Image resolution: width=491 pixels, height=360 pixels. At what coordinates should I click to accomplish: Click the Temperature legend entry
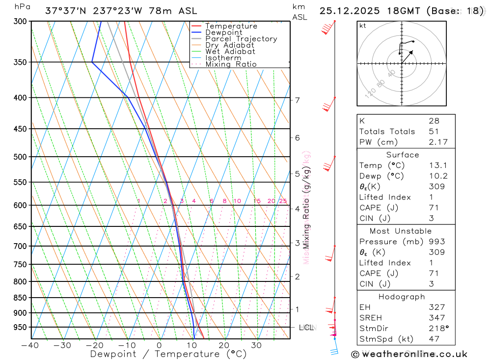[231, 26]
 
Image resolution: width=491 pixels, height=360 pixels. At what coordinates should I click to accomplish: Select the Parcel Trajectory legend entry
[241, 39]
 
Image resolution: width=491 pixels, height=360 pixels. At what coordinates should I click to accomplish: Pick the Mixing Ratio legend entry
[231, 64]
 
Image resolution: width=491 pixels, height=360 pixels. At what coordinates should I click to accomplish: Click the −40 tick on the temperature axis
[30, 345]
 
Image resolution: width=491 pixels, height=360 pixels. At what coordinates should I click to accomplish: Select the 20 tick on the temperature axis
[224, 345]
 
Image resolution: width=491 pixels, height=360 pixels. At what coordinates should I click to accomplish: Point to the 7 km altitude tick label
[297, 100]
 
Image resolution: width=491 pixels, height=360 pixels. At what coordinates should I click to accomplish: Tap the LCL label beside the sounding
[306, 327]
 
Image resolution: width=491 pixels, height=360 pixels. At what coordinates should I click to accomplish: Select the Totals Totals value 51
[434, 131]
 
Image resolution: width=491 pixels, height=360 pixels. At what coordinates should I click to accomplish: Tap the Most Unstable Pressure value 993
[436, 242]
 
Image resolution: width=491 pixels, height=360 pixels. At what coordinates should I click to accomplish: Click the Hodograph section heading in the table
[402, 297]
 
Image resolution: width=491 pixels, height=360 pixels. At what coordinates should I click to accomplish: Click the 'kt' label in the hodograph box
[363, 26]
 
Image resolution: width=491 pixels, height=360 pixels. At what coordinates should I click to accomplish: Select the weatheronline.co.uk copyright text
[409, 354]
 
